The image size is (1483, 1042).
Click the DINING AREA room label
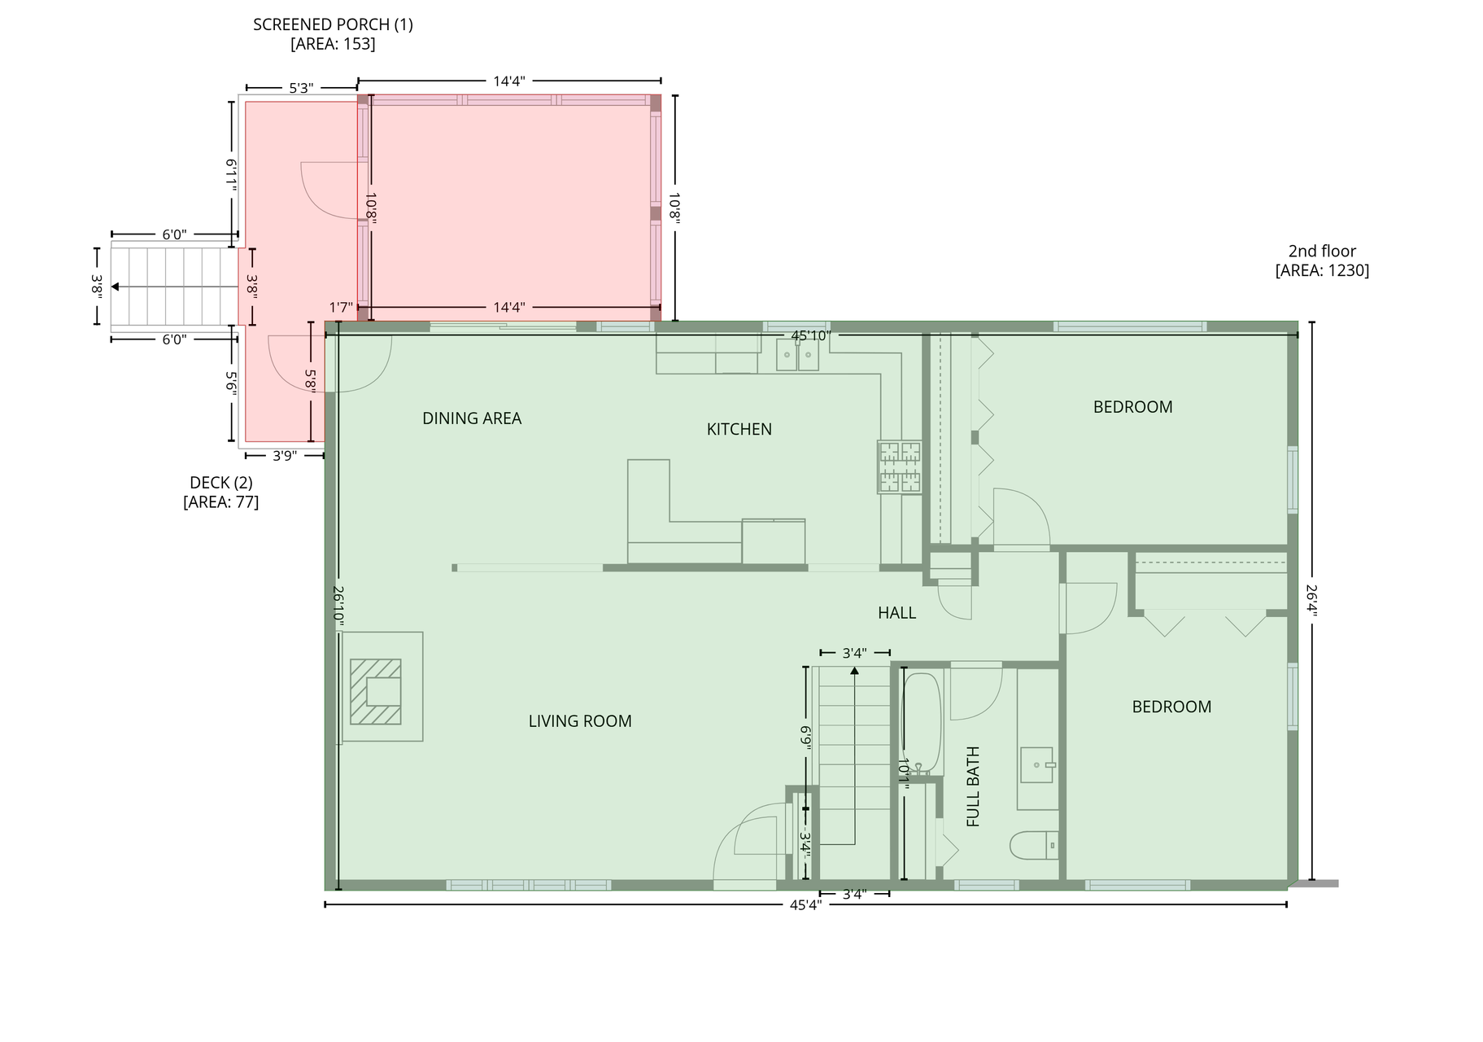(472, 418)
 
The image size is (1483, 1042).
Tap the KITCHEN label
(739, 429)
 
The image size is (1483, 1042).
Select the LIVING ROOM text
(580, 721)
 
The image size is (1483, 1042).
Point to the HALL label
(896, 613)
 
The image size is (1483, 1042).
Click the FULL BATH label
(973, 786)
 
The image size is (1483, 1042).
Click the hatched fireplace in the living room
(376, 691)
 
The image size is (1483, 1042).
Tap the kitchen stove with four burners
(900, 467)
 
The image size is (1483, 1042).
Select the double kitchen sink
(797, 355)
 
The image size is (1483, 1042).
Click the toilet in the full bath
(1034, 846)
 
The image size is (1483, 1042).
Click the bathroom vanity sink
(1037, 765)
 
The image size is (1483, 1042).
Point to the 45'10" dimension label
(811, 335)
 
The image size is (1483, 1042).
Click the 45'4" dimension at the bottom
(805, 904)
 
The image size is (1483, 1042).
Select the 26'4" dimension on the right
(1311, 601)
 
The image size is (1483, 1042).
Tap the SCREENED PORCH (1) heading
(333, 24)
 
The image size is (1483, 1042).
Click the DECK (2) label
(221, 483)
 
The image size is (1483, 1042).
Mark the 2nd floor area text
(1322, 260)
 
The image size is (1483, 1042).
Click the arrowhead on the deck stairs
(116, 287)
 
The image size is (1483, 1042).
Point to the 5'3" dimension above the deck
(301, 88)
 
